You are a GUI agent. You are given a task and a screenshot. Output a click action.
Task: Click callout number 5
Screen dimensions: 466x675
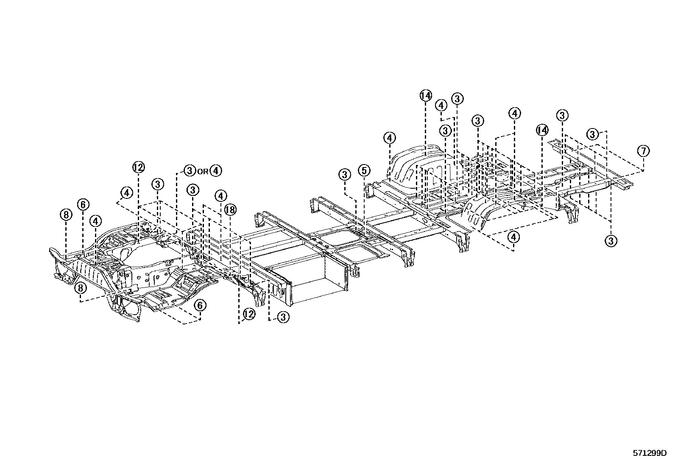pos(364,170)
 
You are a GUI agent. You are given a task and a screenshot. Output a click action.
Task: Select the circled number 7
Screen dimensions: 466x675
pos(643,151)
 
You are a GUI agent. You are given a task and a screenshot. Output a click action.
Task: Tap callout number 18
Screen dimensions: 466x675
pos(230,209)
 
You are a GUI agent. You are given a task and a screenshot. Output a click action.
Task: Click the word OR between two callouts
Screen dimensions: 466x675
pos(203,171)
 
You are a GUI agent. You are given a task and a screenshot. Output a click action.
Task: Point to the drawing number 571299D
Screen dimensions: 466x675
pos(650,453)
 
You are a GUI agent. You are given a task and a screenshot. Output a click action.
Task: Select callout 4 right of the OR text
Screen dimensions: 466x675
pos(215,171)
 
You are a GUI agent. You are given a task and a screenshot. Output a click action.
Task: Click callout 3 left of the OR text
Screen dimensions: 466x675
pos(189,171)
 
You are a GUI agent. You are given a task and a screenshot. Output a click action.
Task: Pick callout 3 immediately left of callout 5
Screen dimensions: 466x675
pos(345,174)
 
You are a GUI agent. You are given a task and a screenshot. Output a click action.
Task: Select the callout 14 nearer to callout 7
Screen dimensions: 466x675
pos(542,130)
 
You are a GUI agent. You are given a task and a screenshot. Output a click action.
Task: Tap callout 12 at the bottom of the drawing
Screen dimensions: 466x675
pos(249,314)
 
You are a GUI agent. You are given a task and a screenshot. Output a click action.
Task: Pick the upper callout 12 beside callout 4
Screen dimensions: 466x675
pos(138,167)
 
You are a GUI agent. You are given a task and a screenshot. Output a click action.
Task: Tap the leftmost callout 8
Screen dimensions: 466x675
pos(66,215)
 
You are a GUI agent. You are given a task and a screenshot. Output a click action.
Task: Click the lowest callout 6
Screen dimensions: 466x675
pos(200,305)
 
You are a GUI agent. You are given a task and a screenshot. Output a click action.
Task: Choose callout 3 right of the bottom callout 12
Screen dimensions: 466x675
pos(283,317)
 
